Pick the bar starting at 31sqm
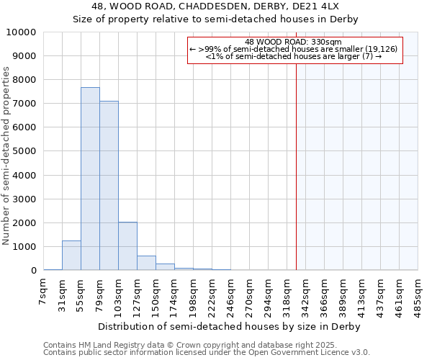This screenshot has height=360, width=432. coord(71,256)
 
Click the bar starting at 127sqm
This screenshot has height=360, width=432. coord(146,263)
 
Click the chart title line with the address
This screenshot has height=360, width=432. coord(216,6)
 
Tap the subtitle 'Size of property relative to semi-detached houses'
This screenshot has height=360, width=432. coord(216,19)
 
